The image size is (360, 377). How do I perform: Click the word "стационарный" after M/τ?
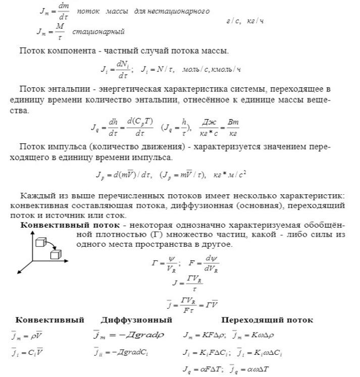pyautogui.click(x=98, y=32)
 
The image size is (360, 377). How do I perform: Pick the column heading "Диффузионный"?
pyautogui.click(x=136, y=320)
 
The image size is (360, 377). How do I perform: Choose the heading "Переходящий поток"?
pyautogui.click(x=267, y=320)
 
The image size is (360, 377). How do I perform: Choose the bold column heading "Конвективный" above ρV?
pyautogui.click(x=42, y=320)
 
